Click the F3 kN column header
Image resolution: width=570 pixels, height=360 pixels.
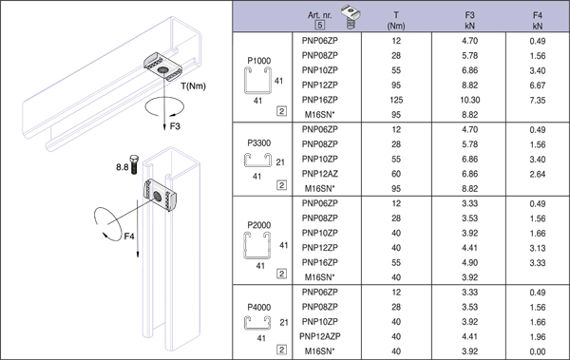pos(469,20)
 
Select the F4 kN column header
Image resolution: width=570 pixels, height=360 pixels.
pos(538,20)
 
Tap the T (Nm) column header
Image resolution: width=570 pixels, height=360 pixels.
pos(396,20)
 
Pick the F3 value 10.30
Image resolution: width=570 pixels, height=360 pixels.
pos(470,100)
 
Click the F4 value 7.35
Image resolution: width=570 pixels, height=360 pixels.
pos(538,100)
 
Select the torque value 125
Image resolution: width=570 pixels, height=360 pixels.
pos(396,100)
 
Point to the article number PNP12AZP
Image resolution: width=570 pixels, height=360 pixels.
pos(320,336)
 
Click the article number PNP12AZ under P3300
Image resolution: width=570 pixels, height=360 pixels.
pos(320,174)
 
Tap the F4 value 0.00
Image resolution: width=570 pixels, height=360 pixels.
pos(538,351)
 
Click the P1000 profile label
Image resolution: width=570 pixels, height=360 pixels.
pos(258,61)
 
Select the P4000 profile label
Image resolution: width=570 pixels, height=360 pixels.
pos(258,307)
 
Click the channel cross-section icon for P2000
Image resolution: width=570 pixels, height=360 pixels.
pos(257,245)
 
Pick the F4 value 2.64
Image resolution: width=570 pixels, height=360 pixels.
pos(538,174)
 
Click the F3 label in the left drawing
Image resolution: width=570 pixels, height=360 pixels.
pos(175,126)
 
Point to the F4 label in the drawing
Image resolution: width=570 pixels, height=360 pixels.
pos(129,237)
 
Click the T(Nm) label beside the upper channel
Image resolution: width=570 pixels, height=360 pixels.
pos(194,86)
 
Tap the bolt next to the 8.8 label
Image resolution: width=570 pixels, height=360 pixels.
pos(134,164)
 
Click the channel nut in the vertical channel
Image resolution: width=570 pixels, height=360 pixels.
pos(161,196)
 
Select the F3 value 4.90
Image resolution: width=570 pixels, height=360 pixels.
pos(469,262)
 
